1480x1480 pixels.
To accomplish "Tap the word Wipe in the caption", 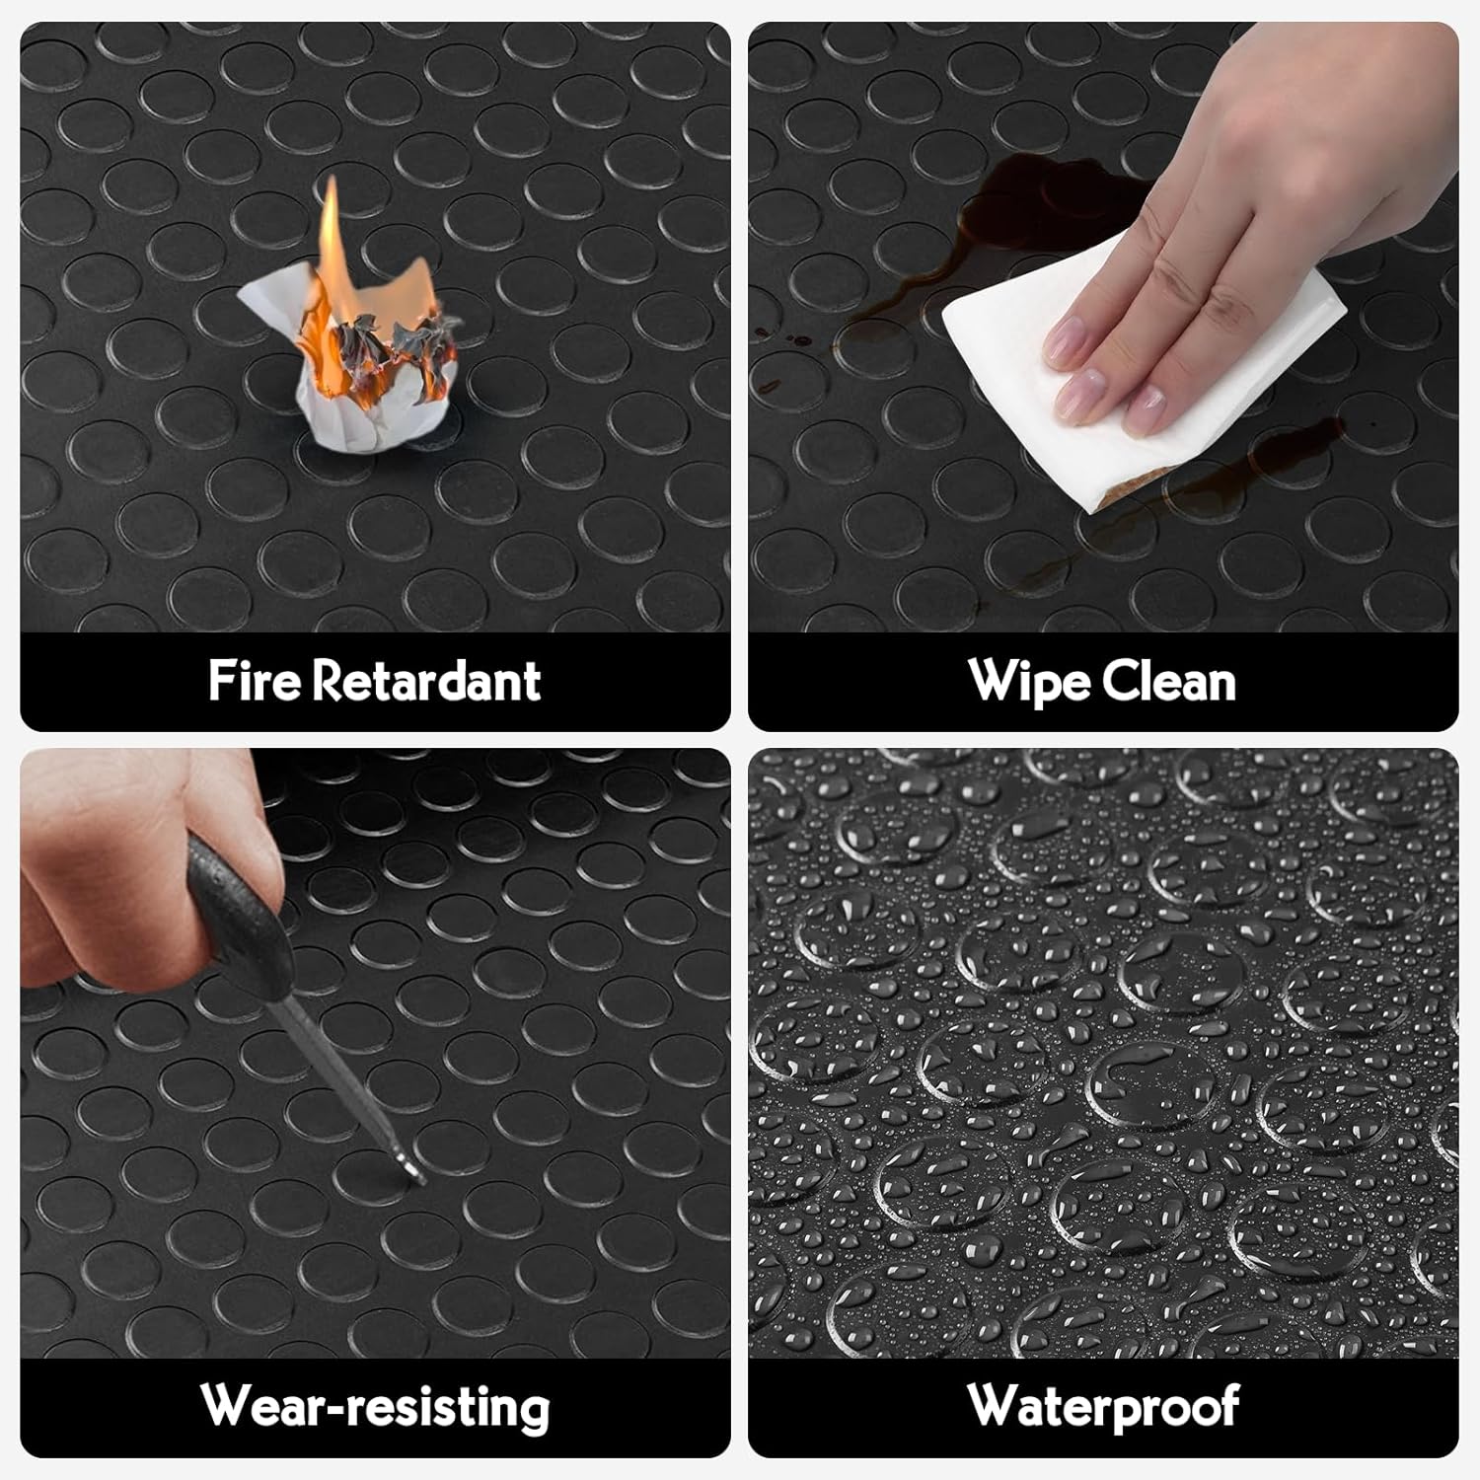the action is point(1029,682).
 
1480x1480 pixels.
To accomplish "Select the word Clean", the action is point(1169,681).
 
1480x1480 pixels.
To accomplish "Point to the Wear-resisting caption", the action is point(375,1406).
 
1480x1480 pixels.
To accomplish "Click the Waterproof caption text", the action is point(1103,1406).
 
